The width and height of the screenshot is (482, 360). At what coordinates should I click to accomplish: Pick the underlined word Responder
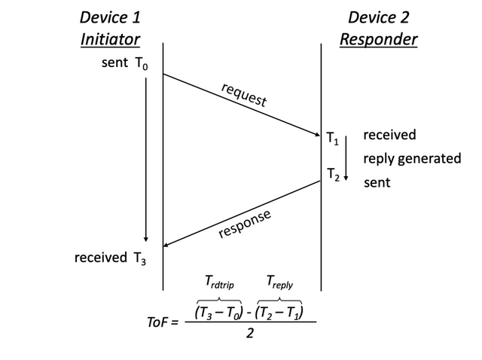378,39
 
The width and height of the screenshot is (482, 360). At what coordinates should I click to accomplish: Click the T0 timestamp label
141,65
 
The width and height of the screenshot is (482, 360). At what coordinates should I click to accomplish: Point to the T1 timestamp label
332,139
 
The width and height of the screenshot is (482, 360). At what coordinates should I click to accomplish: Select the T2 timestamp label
332,175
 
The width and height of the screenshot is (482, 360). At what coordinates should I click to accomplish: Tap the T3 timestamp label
139,258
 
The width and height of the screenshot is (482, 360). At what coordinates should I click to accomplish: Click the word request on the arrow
243,95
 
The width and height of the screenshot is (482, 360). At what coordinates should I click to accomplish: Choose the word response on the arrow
244,224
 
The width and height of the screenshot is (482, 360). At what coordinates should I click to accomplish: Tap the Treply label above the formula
279,282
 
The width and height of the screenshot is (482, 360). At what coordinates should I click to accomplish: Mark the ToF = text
163,322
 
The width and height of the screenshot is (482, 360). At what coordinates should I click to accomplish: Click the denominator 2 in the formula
250,334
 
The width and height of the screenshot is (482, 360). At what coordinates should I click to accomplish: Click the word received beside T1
389,136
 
